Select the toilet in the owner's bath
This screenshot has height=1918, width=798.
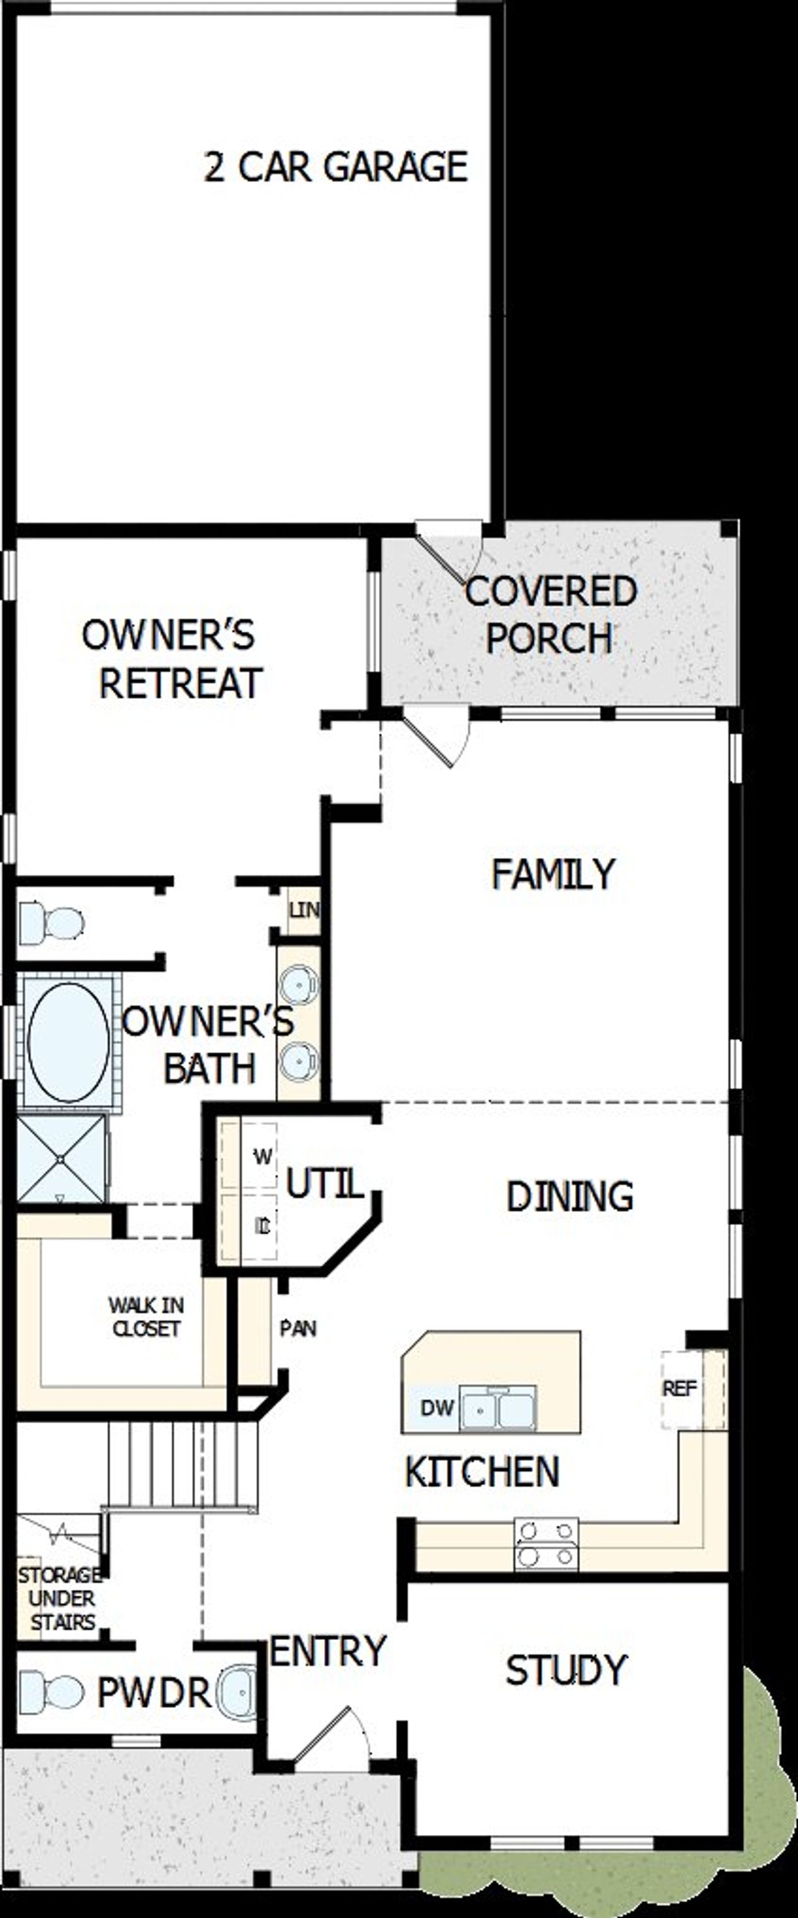[50, 923]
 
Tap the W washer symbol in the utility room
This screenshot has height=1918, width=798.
[262, 1157]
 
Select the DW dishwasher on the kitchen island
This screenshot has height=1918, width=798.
[436, 1408]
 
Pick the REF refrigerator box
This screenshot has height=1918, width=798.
[680, 1389]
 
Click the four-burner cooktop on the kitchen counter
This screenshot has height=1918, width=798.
[546, 1545]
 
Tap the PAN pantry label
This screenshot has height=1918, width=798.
[298, 1328]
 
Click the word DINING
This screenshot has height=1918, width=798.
[569, 1197]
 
